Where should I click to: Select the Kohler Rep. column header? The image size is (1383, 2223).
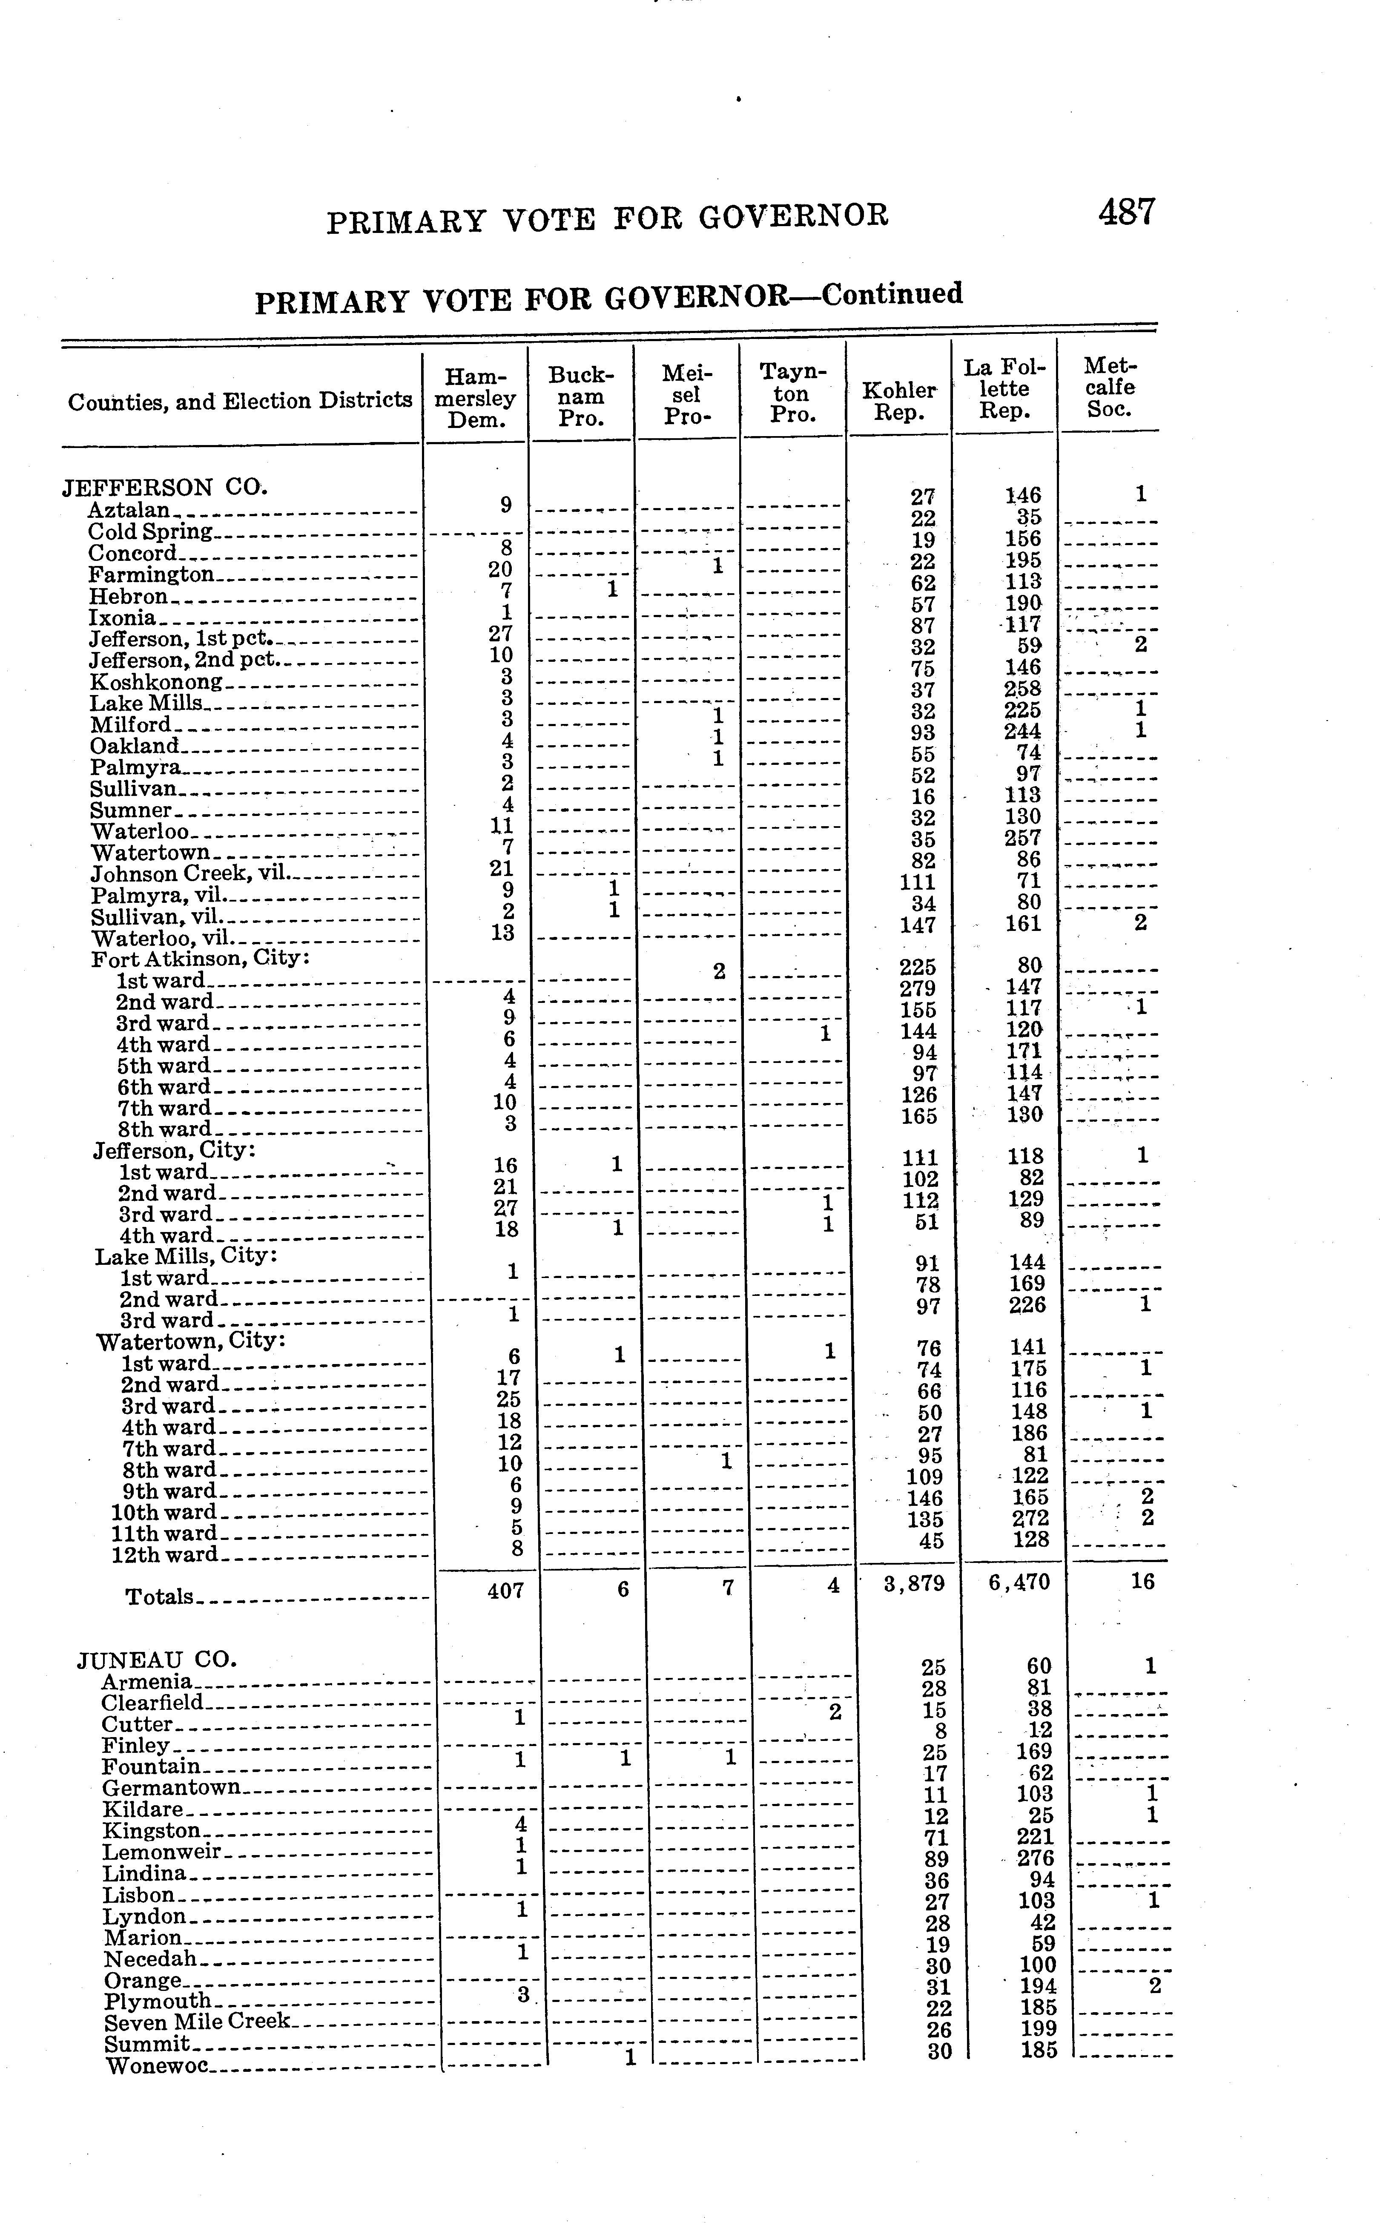coord(899,401)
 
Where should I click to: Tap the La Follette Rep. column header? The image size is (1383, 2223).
coord(1004,389)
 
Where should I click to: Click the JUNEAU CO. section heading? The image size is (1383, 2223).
coord(157,1659)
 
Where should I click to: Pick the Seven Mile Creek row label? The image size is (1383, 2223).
coord(197,2021)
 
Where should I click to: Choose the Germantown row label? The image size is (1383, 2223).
coord(171,1786)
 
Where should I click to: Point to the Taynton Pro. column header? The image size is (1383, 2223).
coord(792,393)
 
